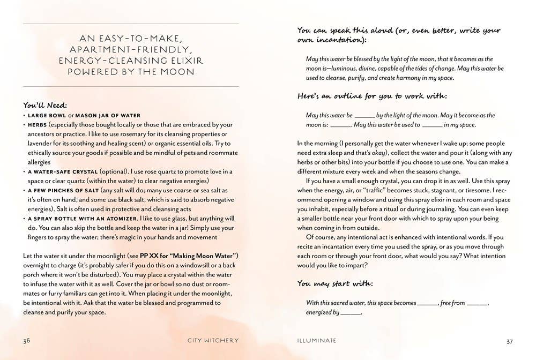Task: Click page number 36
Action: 26,340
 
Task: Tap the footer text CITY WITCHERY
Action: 213,340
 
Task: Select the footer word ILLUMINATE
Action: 317,340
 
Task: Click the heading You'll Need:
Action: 45,105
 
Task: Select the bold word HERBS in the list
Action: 37,125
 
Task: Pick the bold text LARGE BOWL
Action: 47,115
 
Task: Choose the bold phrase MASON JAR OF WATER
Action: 108,115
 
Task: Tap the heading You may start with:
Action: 335,284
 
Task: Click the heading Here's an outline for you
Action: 372,96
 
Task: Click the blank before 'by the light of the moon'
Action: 364,116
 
